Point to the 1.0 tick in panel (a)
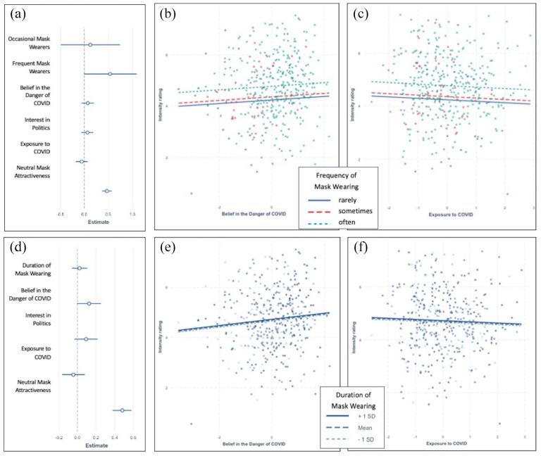(x=132, y=213)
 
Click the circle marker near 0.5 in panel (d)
(x=123, y=410)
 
